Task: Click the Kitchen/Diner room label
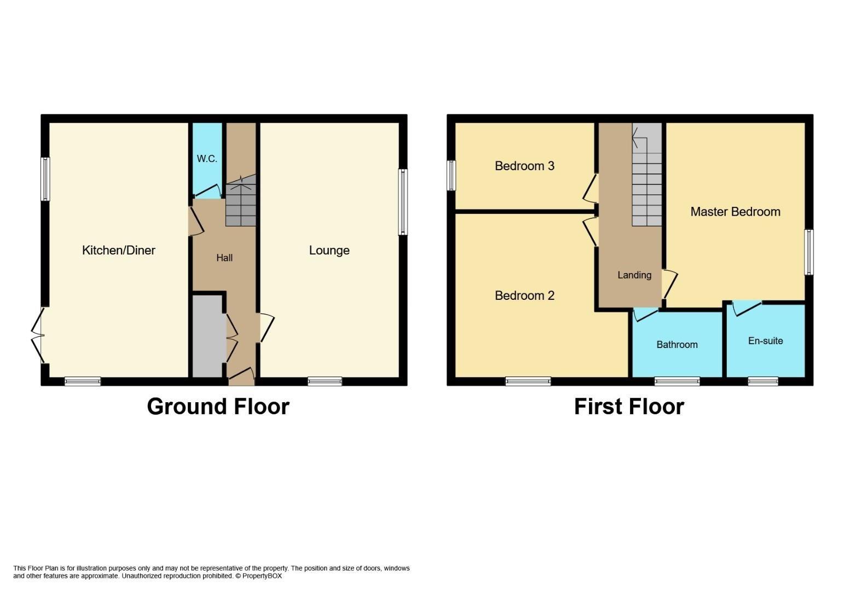pyautogui.click(x=118, y=250)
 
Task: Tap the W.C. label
pyautogui.click(x=207, y=159)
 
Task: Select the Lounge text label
pyautogui.click(x=329, y=250)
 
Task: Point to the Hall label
pyautogui.click(x=224, y=258)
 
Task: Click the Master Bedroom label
pyautogui.click(x=735, y=212)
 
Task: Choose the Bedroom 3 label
pyautogui.click(x=524, y=166)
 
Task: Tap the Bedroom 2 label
pyautogui.click(x=524, y=296)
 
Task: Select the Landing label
pyautogui.click(x=634, y=275)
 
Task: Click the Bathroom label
pyautogui.click(x=677, y=344)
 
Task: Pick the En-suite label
pyautogui.click(x=765, y=340)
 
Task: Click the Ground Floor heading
pyautogui.click(x=218, y=407)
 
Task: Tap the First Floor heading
pyautogui.click(x=629, y=407)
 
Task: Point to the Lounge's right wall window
pyautogui.click(x=403, y=202)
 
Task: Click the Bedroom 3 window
pyautogui.click(x=451, y=175)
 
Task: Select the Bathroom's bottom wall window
pyautogui.click(x=677, y=381)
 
